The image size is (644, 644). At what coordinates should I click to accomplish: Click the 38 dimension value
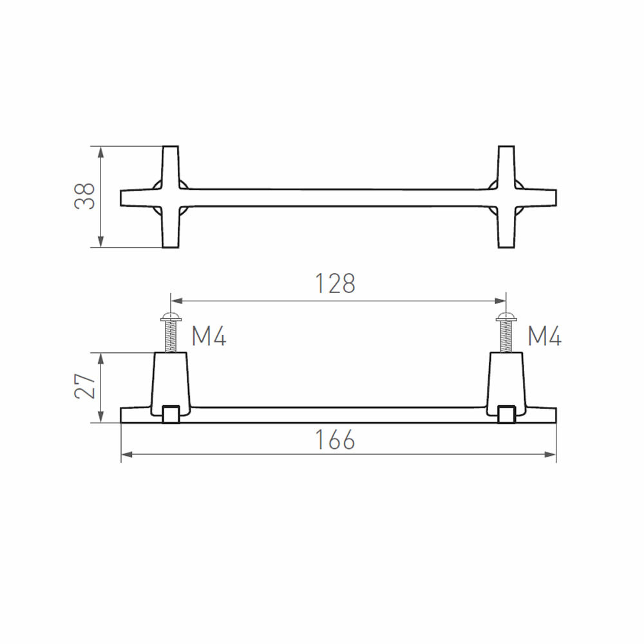point(84,196)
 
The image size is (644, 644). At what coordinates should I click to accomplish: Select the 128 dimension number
point(335,283)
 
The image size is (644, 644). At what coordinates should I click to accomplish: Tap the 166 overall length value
point(335,439)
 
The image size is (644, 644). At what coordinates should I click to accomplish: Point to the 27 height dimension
point(84,386)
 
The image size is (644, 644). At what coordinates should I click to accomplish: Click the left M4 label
point(209,336)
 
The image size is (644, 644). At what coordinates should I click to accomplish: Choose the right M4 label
point(545,336)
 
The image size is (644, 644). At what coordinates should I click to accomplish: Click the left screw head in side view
point(171,316)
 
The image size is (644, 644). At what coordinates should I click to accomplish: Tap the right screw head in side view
point(506,316)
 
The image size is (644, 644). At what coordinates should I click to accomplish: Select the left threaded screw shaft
point(171,337)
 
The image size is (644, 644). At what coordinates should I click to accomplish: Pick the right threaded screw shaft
point(506,337)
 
